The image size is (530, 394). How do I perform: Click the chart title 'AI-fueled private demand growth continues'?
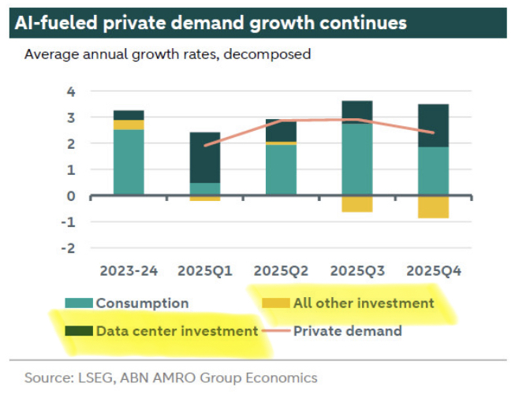(x=211, y=22)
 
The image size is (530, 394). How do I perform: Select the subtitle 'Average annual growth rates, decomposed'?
(x=167, y=55)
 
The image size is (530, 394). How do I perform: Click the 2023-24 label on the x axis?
(x=129, y=270)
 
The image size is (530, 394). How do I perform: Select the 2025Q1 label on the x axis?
(x=204, y=270)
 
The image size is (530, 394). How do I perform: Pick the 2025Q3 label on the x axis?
(x=356, y=270)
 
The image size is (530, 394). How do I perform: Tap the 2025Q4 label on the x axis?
(x=433, y=270)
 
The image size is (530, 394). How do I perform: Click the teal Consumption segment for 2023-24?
(x=129, y=162)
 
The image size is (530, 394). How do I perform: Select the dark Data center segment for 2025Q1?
(x=204, y=158)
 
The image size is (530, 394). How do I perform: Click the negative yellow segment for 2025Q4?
(x=433, y=206)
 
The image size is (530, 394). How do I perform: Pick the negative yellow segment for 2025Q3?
(x=356, y=203)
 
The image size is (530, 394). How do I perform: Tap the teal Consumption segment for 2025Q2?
(x=281, y=169)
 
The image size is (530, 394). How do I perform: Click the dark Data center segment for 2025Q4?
(x=433, y=125)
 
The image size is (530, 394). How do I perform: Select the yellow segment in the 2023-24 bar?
(x=129, y=125)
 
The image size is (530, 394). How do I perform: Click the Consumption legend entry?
(x=142, y=303)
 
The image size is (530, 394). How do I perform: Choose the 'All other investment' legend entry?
(x=364, y=303)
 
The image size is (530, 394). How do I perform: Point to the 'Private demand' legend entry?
(x=347, y=331)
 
